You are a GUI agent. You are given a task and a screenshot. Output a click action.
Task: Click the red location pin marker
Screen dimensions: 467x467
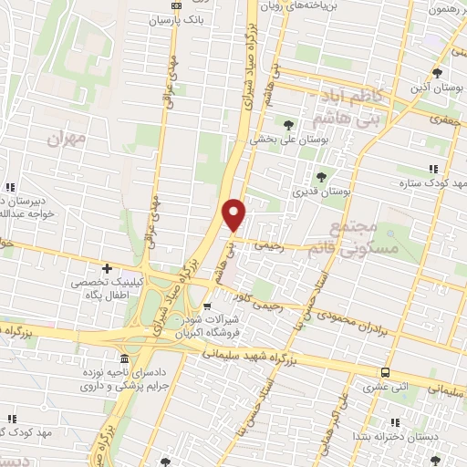234,213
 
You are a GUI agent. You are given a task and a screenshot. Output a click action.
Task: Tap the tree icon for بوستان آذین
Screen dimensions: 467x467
438,73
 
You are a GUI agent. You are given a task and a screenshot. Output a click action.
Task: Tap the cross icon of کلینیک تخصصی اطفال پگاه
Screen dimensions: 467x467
107,269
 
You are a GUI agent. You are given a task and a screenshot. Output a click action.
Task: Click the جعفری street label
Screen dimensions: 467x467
445,119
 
